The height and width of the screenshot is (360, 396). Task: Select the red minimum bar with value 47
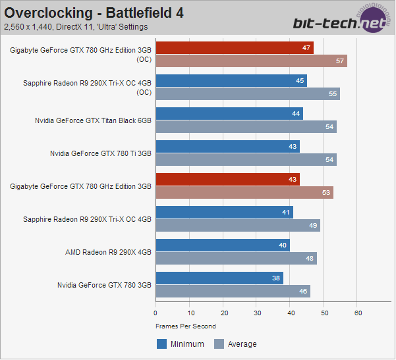235,47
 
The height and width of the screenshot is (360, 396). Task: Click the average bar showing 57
251,61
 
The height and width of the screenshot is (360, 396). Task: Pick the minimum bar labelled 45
231,81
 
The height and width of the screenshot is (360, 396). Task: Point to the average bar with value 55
248,94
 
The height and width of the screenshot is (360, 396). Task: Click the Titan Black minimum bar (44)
229,113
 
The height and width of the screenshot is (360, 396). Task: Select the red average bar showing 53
244,192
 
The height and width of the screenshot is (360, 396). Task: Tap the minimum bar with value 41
224,212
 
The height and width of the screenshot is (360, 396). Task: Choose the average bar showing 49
238,226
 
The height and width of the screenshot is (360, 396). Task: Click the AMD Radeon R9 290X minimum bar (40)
223,245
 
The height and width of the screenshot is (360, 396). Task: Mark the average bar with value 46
233,291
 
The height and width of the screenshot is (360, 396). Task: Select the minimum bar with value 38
219,278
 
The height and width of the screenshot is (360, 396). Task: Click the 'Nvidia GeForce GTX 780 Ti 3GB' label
101,153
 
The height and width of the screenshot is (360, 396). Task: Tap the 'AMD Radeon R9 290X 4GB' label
109,251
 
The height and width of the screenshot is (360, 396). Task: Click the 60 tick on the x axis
357,313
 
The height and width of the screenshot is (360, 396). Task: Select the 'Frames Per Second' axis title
186,326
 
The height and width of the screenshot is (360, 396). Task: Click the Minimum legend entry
181,344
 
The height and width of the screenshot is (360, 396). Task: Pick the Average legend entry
235,344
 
